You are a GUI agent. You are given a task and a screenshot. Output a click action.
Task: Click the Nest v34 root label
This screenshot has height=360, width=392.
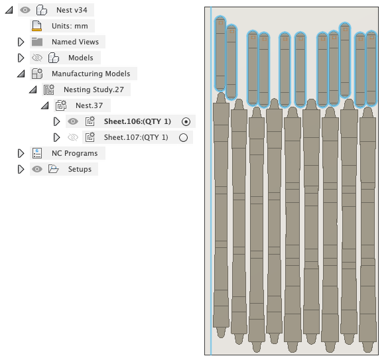point(72,10)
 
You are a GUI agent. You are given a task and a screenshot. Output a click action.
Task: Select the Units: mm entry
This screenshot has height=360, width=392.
point(70,26)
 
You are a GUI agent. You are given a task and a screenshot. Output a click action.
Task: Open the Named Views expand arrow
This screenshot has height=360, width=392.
point(21,42)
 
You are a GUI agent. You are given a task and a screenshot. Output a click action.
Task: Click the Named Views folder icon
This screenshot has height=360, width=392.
point(37,42)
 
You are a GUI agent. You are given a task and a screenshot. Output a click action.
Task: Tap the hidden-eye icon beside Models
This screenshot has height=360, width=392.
point(37,58)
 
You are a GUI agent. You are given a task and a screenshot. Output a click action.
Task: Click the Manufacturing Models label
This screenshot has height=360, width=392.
point(91,74)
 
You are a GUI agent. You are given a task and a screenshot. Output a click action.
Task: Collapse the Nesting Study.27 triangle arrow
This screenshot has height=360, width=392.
point(33,90)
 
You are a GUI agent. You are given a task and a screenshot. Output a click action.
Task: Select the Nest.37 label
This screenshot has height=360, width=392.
point(90,105)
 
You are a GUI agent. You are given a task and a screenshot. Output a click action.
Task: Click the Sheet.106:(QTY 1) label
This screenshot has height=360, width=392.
point(137,121)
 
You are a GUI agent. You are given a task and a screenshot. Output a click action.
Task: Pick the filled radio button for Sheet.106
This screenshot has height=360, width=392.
point(186,122)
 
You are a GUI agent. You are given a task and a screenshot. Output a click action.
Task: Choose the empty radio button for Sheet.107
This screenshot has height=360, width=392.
point(183,138)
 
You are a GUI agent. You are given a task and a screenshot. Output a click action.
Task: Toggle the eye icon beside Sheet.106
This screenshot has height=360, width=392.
point(73,121)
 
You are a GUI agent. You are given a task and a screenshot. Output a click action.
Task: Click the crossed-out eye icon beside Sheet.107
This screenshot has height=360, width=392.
point(73,137)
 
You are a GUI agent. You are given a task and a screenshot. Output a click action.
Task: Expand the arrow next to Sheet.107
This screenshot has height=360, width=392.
point(57,137)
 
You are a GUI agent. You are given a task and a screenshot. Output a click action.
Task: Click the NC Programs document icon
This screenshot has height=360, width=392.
point(37,153)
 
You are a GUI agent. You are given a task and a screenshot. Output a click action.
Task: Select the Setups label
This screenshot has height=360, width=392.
point(80,169)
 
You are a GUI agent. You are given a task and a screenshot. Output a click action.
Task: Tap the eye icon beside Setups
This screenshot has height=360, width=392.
point(37,169)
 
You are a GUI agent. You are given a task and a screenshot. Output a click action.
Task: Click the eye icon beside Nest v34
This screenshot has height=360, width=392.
point(25,10)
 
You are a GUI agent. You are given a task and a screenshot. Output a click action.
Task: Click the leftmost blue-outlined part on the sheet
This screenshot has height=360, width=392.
point(220,54)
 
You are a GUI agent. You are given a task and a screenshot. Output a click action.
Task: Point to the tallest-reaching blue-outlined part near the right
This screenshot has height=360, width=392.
point(345,60)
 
